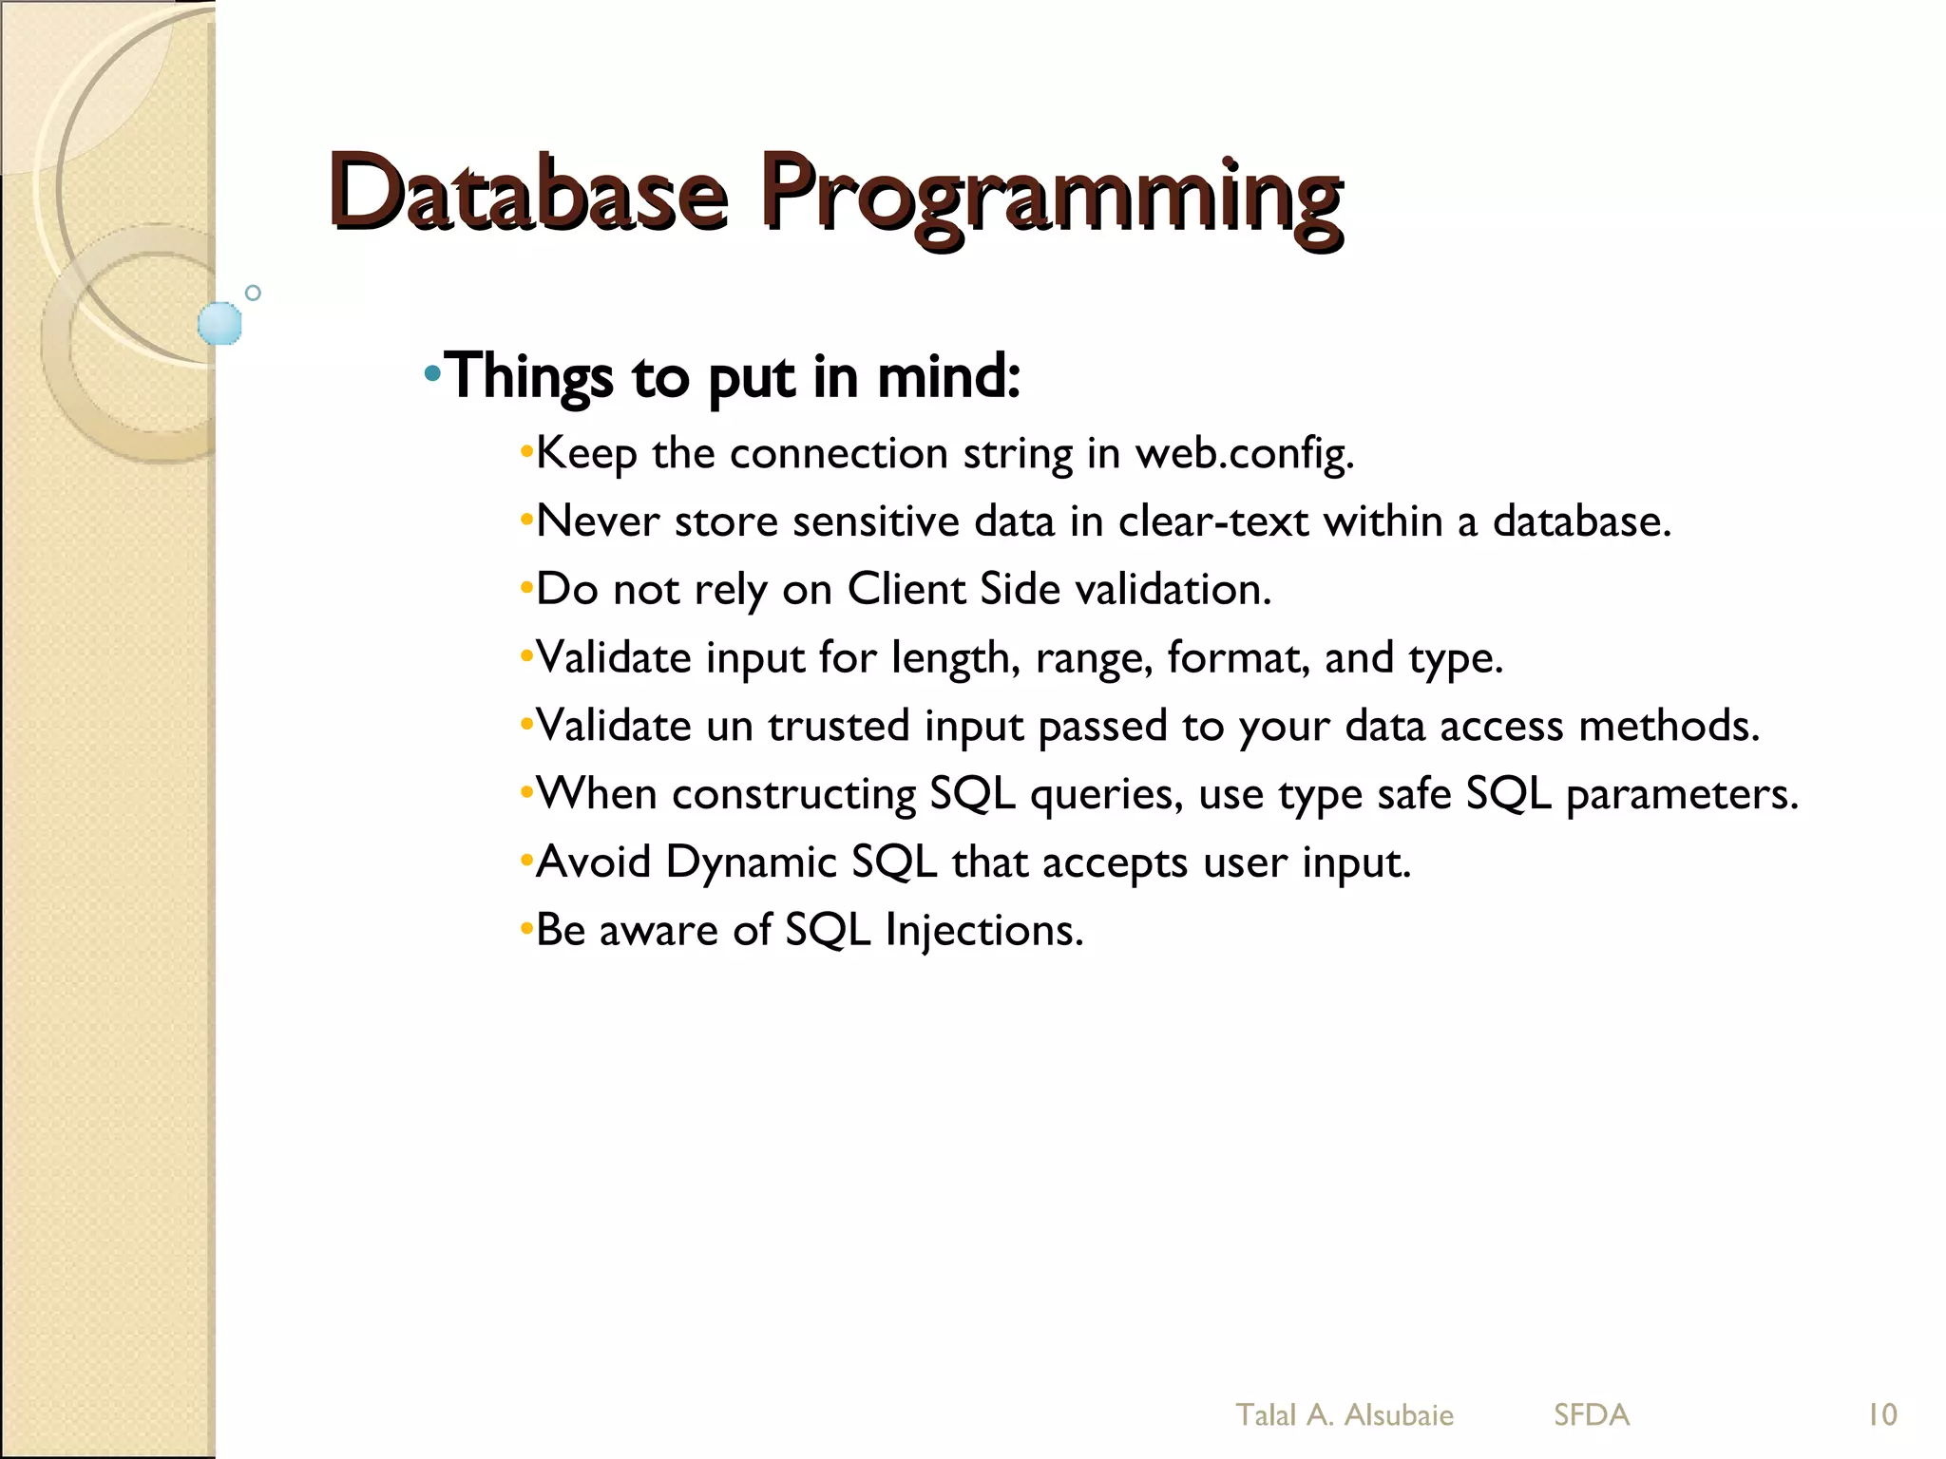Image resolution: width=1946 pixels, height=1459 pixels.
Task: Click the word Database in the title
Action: click(528, 192)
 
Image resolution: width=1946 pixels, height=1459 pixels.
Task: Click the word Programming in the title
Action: click(1051, 198)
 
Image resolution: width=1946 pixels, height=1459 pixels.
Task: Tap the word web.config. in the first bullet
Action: click(1244, 454)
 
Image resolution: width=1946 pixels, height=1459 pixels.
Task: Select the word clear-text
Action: click(1213, 521)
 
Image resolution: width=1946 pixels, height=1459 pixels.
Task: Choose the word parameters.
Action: click(1682, 795)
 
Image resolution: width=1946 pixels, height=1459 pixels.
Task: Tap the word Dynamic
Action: click(751, 862)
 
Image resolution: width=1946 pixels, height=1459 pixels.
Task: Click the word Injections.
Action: click(984, 931)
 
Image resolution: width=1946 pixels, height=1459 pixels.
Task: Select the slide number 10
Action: click(1881, 1415)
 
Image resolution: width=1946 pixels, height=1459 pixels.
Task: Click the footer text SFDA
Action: click(1592, 1415)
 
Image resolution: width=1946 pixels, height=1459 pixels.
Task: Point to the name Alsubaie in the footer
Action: click(1399, 1415)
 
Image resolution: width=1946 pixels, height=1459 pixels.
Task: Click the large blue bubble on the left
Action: click(220, 323)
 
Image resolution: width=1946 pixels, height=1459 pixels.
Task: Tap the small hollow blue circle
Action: click(253, 293)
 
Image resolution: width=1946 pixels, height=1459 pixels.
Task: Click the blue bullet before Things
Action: click(432, 373)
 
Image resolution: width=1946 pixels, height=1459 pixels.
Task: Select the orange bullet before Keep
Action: click(526, 452)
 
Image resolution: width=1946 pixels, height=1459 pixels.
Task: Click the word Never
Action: click(598, 521)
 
